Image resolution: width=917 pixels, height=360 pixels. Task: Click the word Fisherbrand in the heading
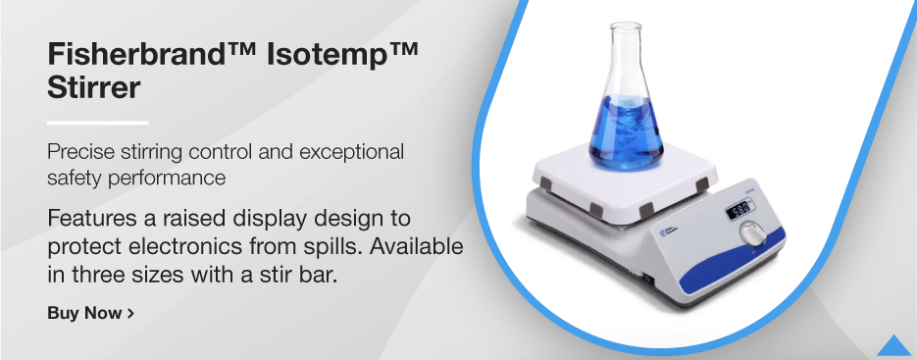pos(132,55)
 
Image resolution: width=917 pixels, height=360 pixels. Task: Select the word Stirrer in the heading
pos(94,87)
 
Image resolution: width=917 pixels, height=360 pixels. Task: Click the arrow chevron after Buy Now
pos(130,313)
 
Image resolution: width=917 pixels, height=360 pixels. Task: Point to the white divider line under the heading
pos(97,123)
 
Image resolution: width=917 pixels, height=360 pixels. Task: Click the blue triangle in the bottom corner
pos(894,345)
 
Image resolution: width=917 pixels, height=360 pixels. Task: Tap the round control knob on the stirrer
pos(753,234)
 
